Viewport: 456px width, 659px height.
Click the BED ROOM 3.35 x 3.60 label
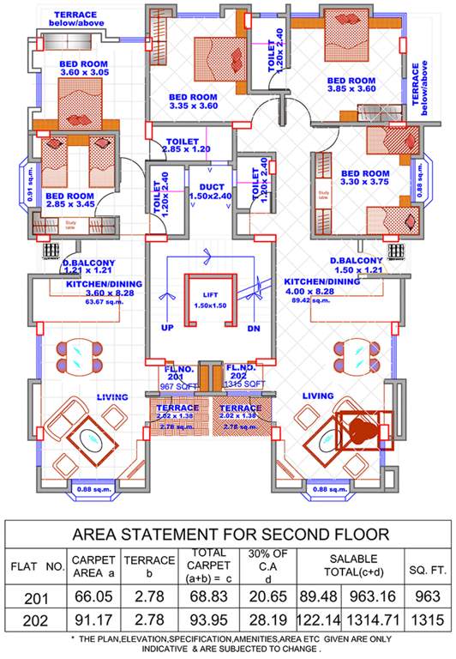point(193,101)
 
